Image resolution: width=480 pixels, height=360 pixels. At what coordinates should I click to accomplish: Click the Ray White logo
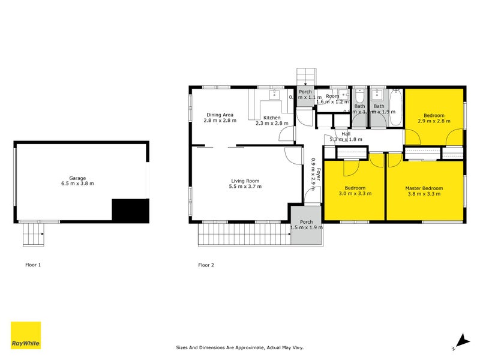(x=26, y=335)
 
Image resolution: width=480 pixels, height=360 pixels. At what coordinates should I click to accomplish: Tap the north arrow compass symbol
(x=459, y=340)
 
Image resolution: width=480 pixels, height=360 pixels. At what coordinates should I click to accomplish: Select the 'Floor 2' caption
(x=206, y=265)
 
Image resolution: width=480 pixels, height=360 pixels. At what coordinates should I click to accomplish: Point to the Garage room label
(x=77, y=178)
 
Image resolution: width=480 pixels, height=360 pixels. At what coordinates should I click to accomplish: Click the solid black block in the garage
(x=130, y=211)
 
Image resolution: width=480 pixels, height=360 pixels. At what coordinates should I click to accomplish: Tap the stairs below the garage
(x=32, y=233)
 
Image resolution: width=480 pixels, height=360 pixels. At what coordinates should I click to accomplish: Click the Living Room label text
(x=245, y=181)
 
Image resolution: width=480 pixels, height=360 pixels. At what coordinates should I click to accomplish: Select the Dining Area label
(x=220, y=115)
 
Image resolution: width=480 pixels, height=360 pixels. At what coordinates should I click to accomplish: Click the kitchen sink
(x=275, y=95)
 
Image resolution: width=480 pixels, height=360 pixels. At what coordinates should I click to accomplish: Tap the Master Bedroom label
(x=424, y=188)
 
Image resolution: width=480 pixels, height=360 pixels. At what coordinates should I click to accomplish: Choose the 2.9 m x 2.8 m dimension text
(x=434, y=121)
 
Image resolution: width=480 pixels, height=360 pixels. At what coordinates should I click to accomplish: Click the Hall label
(x=346, y=134)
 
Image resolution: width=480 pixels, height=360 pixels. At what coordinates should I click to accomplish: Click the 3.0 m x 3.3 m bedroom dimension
(x=355, y=194)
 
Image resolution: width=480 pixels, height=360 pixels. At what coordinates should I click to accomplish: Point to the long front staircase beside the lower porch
(x=244, y=234)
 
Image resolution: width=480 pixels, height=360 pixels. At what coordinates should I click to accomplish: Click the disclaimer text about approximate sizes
(x=248, y=347)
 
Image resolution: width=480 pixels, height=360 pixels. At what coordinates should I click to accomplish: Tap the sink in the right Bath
(x=378, y=95)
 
